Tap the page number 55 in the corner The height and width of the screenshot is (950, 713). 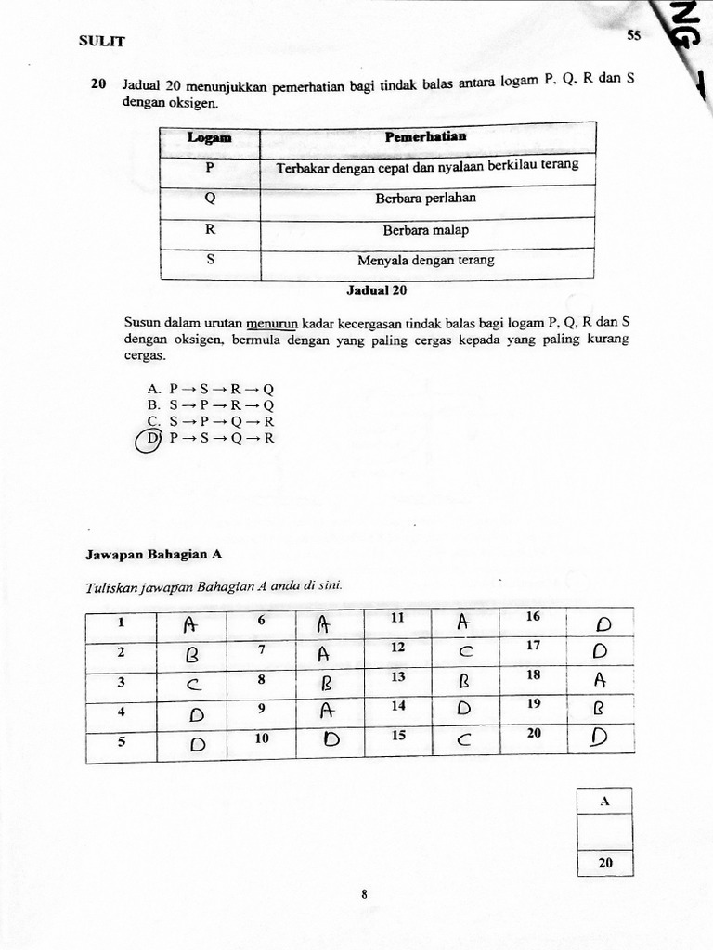(x=634, y=35)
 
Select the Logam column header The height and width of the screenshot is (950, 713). (x=209, y=138)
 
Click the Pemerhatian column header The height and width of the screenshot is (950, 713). (x=426, y=137)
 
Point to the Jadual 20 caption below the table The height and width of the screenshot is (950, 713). (x=377, y=290)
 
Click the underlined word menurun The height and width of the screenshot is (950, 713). (x=268, y=324)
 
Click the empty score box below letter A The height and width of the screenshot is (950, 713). (x=604, y=831)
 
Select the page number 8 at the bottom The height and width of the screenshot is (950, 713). (x=364, y=895)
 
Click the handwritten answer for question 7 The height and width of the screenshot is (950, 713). (x=324, y=654)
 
